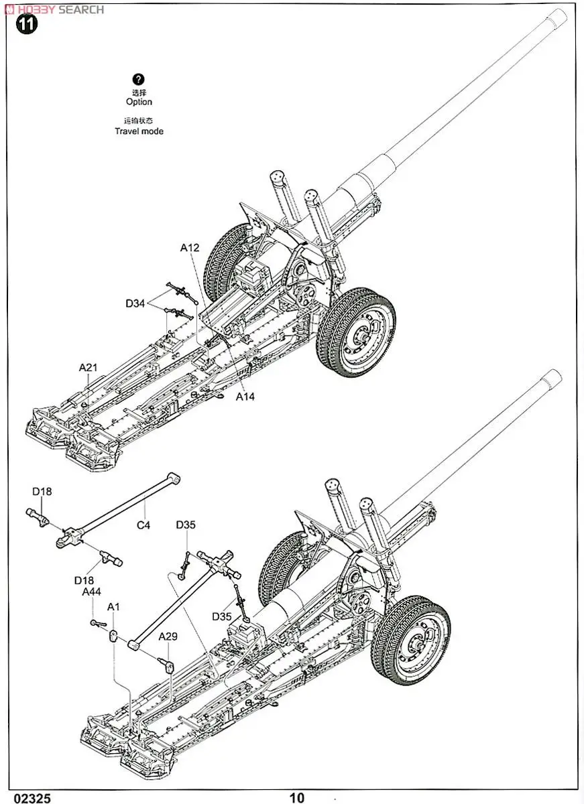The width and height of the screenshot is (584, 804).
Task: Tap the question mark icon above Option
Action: click(x=139, y=80)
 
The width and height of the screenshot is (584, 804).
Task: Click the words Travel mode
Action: click(x=139, y=131)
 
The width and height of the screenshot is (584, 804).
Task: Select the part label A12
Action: click(x=190, y=248)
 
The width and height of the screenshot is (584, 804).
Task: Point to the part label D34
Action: click(x=135, y=304)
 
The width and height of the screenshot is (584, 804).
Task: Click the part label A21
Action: click(x=89, y=367)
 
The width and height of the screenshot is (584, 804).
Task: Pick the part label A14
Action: click(x=245, y=396)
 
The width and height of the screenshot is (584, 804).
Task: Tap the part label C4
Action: click(x=143, y=525)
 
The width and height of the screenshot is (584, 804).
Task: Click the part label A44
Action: click(x=92, y=592)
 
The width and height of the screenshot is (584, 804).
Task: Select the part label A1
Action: click(x=114, y=607)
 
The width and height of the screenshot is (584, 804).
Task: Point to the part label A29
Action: click(x=168, y=636)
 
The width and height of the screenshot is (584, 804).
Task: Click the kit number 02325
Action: click(x=26, y=797)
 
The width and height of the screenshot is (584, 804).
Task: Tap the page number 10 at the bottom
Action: click(x=297, y=797)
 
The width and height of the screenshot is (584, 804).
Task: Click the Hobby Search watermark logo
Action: click(x=54, y=9)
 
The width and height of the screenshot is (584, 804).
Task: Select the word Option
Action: click(x=139, y=102)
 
